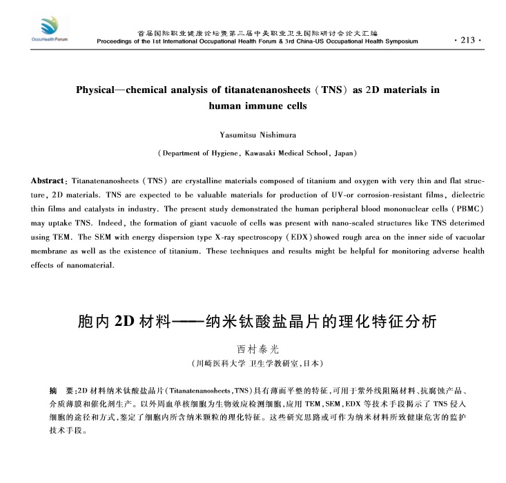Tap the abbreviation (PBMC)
click(464, 209)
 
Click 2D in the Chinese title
click(125, 322)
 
